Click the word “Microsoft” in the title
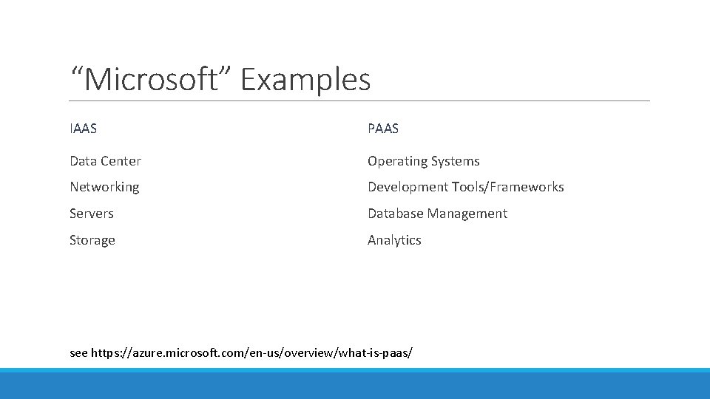pyautogui.click(x=152, y=79)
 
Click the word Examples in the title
pyautogui.click(x=305, y=79)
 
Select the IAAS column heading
pyautogui.click(x=83, y=129)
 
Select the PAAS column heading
pyautogui.click(x=383, y=129)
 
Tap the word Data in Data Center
pyautogui.click(x=84, y=161)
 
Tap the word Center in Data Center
pyautogui.click(x=121, y=161)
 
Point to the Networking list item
pyautogui.click(x=104, y=187)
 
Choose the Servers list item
pyautogui.click(x=92, y=214)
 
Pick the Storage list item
pyautogui.click(x=92, y=240)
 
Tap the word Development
pyautogui.click(x=408, y=187)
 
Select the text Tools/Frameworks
pyautogui.click(x=508, y=187)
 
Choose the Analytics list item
pyautogui.click(x=394, y=240)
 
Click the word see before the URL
pyautogui.click(x=78, y=353)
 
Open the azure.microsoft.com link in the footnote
pyautogui.click(x=252, y=353)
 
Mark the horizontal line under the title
pyautogui.click(x=359, y=101)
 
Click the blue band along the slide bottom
pyautogui.click(x=355, y=384)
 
